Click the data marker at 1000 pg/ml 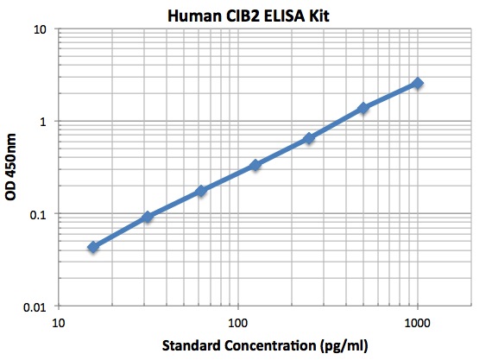tap(418, 83)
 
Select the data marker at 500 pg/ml tap(363, 108)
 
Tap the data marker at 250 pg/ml tap(309, 138)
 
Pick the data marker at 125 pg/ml tap(255, 165)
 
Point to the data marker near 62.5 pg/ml tap(201, 190)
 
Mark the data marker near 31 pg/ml tap(148, 217)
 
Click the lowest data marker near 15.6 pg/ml tap(93, 247)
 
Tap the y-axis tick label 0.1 tap(38, 214)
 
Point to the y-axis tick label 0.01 tap(35, 306)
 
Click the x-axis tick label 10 tap(57, 323)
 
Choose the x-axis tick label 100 tap(237, 323)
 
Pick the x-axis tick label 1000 tap(418, 323)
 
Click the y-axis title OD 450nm tap(11, 167)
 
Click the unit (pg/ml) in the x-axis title tap(344, 346)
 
